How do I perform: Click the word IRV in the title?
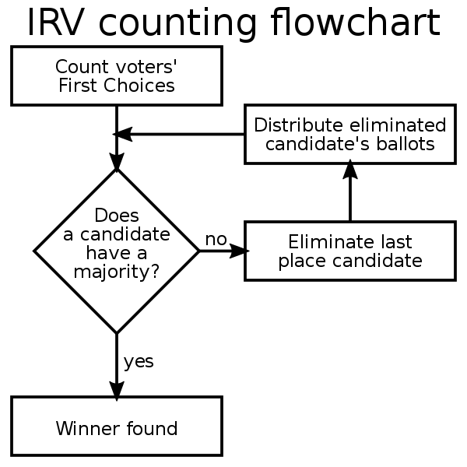54,23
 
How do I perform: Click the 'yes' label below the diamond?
139,362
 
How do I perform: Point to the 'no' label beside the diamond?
216,239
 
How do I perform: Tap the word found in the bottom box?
152,428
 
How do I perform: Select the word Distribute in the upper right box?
298,125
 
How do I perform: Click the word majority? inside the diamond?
117,272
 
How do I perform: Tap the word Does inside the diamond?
117,215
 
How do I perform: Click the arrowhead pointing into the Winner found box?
117,391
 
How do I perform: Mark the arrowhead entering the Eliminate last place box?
239,251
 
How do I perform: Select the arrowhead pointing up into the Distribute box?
350,169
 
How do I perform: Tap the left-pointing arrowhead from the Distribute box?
122,134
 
